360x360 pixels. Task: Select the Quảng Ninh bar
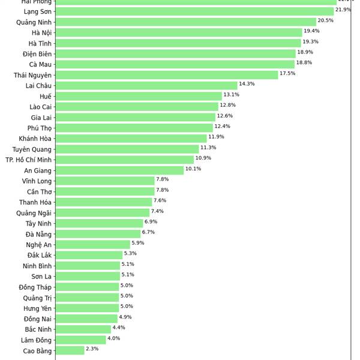coord(185,22)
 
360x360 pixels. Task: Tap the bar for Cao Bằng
coord(70,350)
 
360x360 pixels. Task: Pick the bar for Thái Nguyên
coord(167,75)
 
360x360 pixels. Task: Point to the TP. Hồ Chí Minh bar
coord(125,160)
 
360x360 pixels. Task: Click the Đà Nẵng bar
coord(98,234)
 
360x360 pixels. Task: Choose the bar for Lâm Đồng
coord(80,340)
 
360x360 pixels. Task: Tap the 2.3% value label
coord(92,349)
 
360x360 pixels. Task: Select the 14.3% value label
coord(247,84)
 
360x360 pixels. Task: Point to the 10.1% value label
coord(193,169)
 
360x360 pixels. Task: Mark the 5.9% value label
coord(138,243)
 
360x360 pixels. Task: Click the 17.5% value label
coord(287,73)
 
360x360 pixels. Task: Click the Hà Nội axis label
coord(42,32)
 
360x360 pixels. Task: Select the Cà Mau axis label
coord(40,64)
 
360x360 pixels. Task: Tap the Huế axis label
coord(46,96)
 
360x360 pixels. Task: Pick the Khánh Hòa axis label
coord(35,139)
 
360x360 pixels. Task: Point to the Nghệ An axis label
coord(38,245)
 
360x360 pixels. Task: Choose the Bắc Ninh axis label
coord(38,329)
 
